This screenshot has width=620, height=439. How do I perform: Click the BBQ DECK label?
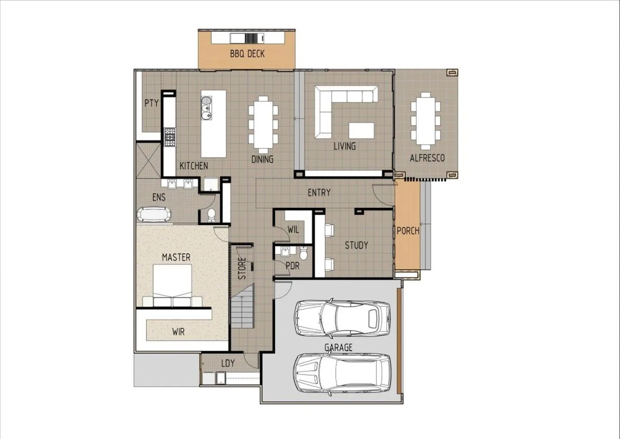(x=247, y=53)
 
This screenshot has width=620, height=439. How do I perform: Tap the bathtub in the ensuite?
(x=154, y=215)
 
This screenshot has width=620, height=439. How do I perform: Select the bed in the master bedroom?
(x=172, y=285)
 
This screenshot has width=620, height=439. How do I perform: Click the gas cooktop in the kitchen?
(x=170, y=137)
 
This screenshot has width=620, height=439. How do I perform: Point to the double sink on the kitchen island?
(x=206, y=108)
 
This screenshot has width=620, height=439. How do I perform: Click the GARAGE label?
(x=338, y=347)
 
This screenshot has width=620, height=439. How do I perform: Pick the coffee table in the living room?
(x=362, y=131)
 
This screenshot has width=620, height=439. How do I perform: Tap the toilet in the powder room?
(x=303, y=253)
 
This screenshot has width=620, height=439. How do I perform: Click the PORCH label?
(x=408, y=231)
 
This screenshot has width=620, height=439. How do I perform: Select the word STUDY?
(x=356, y=245)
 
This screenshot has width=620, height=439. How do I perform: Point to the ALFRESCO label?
(x=427, y=158)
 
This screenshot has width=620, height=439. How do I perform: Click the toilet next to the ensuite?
(x=212, y=216)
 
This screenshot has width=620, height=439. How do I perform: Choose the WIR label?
(x=178, y=332)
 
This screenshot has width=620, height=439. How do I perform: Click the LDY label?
(x=228, y=363)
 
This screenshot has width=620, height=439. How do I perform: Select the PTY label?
(x=151, y=103)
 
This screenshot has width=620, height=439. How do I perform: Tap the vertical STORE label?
(x=242, y=268)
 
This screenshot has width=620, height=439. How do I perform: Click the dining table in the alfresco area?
(x=426, y=121)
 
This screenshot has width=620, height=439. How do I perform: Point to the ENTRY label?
(x=319, y=192)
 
